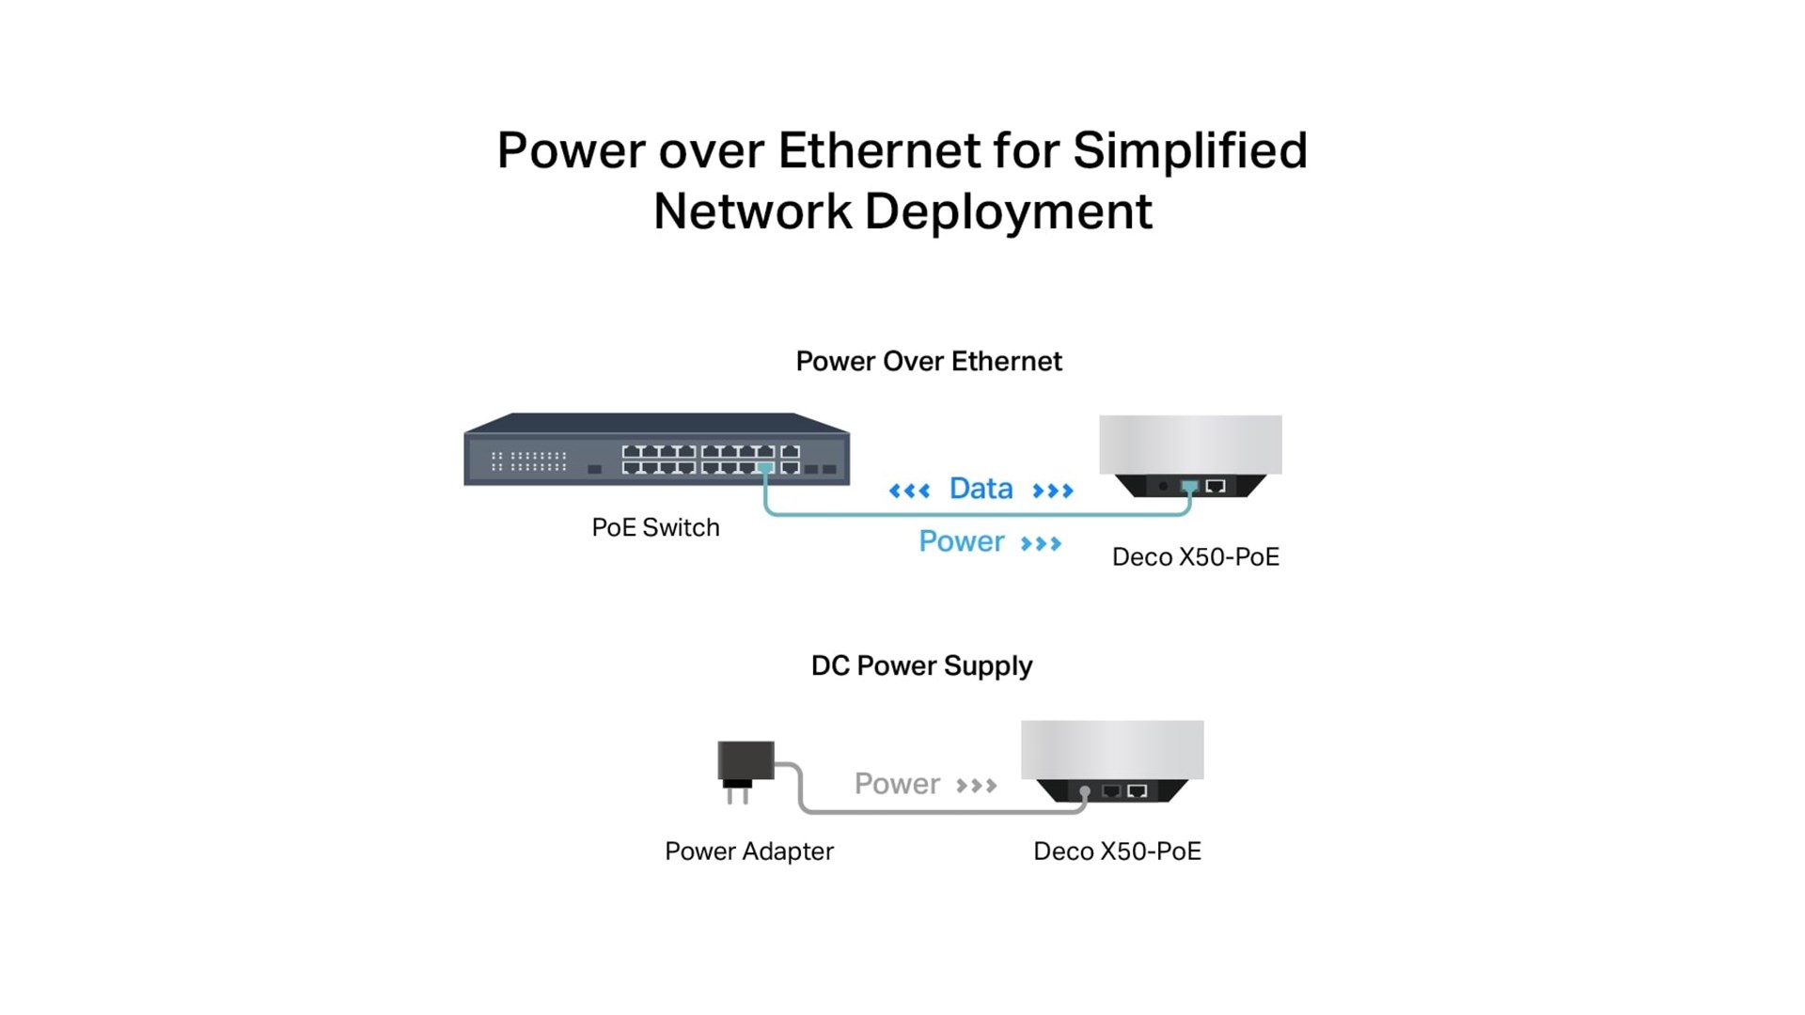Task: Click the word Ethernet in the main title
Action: tap(879, 151)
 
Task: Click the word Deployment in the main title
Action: tap(1008, 211)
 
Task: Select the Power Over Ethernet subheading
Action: tap(928, 362)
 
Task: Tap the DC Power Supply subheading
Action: tap(921, 666)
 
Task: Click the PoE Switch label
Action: tap(655, 528)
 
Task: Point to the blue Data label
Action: tap(981, 489)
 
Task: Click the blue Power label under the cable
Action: tap(961, 542)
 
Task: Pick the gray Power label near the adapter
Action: tap(897, 784)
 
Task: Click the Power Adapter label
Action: tap(748, 851)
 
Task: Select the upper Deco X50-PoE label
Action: tap(1195, 557)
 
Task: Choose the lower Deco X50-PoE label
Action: tap(1117, 851)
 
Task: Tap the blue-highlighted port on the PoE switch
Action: tap(766, 467)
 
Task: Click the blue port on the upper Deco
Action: tap(1189, 486)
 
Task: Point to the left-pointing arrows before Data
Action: tap(909, 491)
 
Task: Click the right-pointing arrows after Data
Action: tap(1052, 491)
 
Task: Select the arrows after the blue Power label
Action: tap(1041, 544)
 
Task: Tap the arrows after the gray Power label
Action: tap(976, 786)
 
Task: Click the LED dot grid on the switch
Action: tap(529, 461)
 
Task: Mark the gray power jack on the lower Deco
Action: tap(1085, 792)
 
